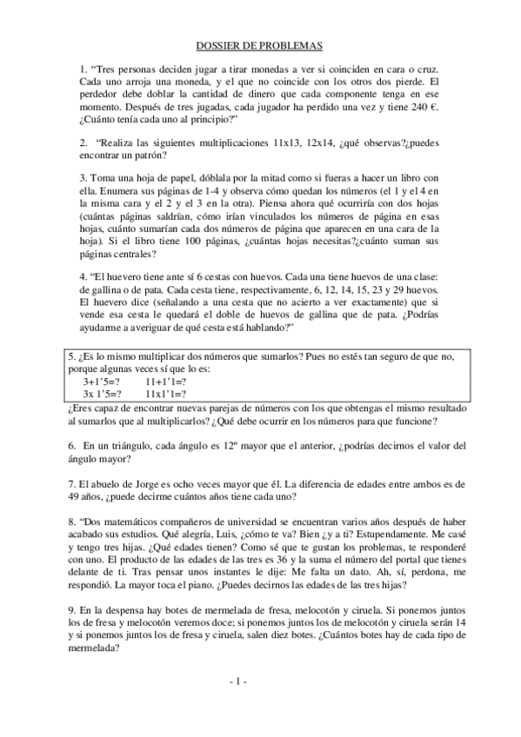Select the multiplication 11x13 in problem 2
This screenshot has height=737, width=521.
tap(292, 142)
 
